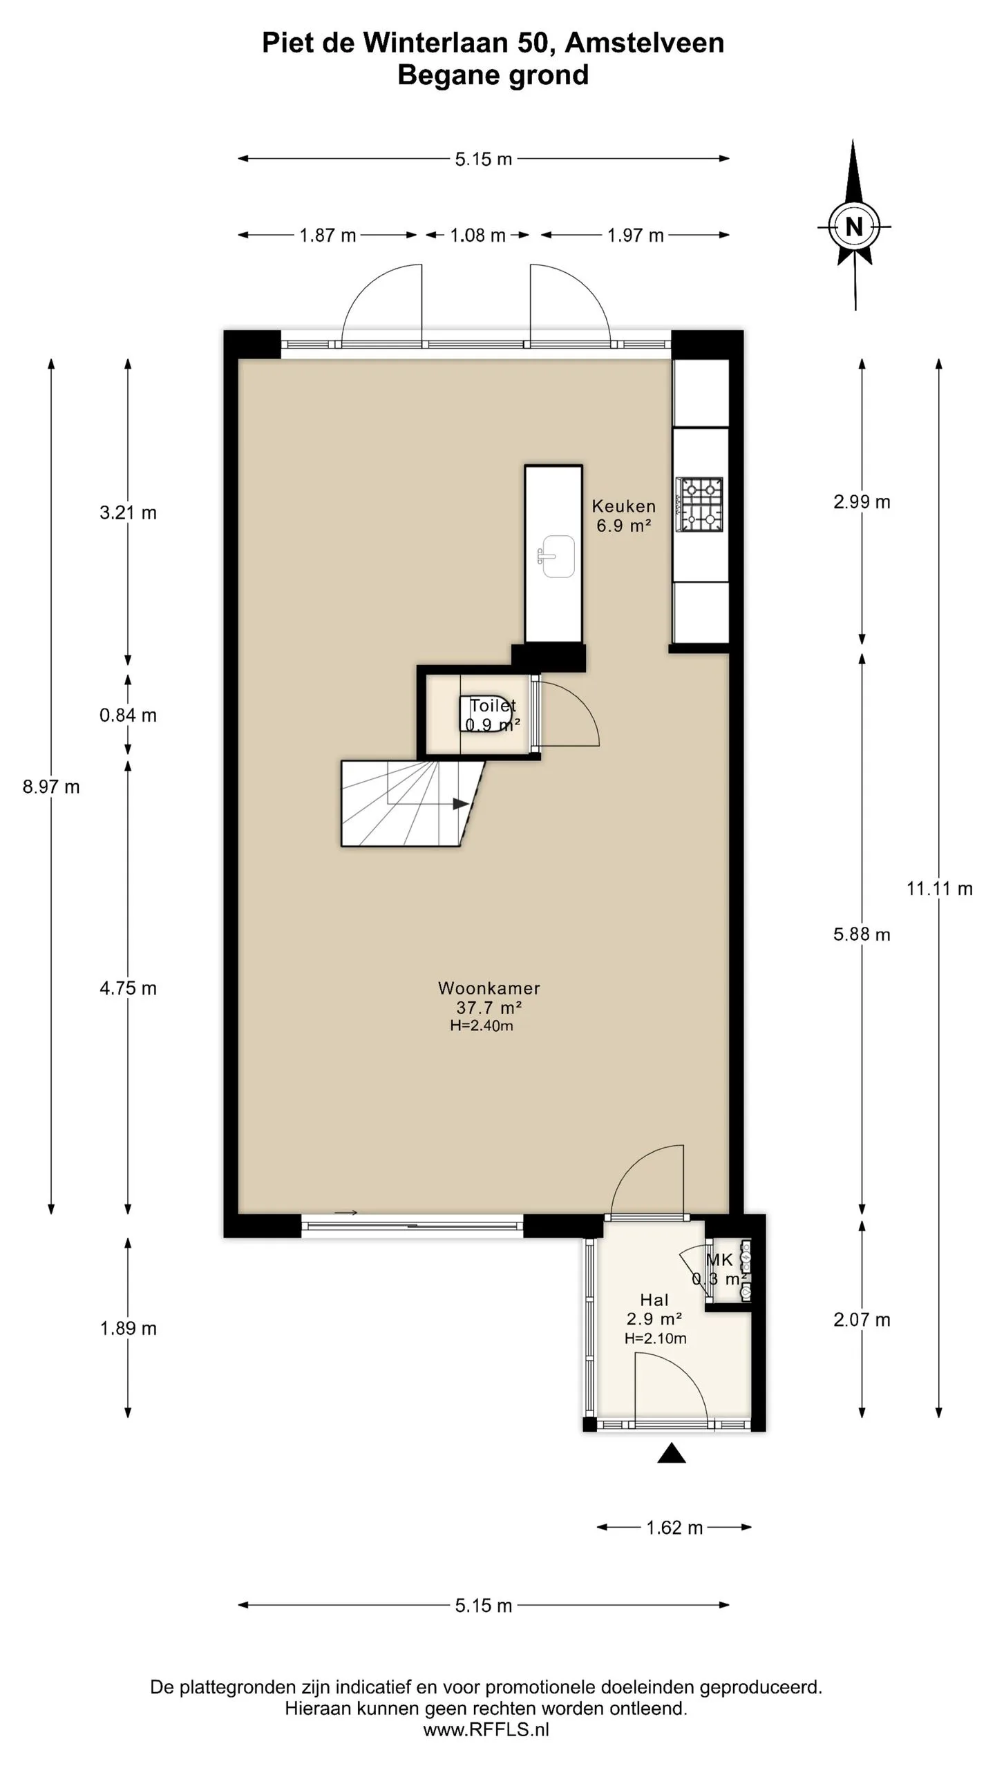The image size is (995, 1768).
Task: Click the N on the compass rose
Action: coord(855,227)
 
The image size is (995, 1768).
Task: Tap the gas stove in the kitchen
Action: coord(700,504)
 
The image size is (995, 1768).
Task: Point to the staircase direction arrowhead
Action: coord(461,804)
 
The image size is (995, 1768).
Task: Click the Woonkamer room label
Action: coord(489,988)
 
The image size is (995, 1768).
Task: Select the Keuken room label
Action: coord(624,506)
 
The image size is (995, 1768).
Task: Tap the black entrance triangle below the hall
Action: coord(671,1453)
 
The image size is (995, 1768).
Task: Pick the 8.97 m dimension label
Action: coord(51,787)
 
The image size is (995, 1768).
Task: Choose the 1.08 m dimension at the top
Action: coord(477,236)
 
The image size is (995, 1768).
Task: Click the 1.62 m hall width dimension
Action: coord(674,1528)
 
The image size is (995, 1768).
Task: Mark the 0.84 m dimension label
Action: coord(128,715)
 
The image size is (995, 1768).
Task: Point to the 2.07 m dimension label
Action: coord(862,1320)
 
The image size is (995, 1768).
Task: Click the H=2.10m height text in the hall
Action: coord(656,1338)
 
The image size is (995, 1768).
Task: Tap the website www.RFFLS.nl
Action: coord(486,1730)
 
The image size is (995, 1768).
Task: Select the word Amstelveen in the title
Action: coord(645,43)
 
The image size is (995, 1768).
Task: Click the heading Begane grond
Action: coord(493,75)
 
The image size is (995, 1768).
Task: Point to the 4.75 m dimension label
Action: coord(128,989)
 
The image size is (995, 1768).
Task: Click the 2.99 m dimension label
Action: coord(862,502)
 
